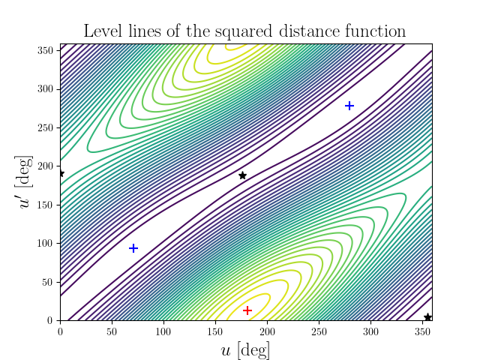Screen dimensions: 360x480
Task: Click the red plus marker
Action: [247, 310]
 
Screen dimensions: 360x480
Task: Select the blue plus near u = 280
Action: [349, 106]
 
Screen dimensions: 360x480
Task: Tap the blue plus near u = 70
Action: [133, 248]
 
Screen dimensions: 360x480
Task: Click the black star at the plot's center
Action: [242, 175]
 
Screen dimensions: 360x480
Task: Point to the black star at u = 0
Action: [61, 173]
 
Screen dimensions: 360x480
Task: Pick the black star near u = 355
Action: [427, 317]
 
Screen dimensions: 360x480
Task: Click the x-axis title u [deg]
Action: [246, 349]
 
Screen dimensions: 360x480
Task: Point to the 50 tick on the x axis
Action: [112, 331]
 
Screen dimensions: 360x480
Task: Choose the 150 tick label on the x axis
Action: [215, 331]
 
